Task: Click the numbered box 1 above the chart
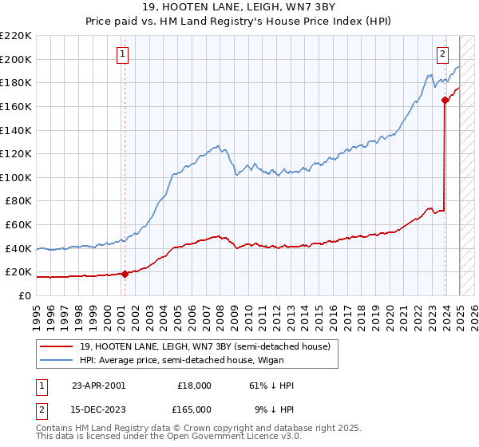coord(124,54)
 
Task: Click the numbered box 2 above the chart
coord(441,54)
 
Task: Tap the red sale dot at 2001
coord(125,274)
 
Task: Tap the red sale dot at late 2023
coord(445,100)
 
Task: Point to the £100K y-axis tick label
coord(16,177)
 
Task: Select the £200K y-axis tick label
coord(16,59)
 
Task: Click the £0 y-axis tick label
coord(24,295)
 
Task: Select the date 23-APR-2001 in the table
coord(98,385)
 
